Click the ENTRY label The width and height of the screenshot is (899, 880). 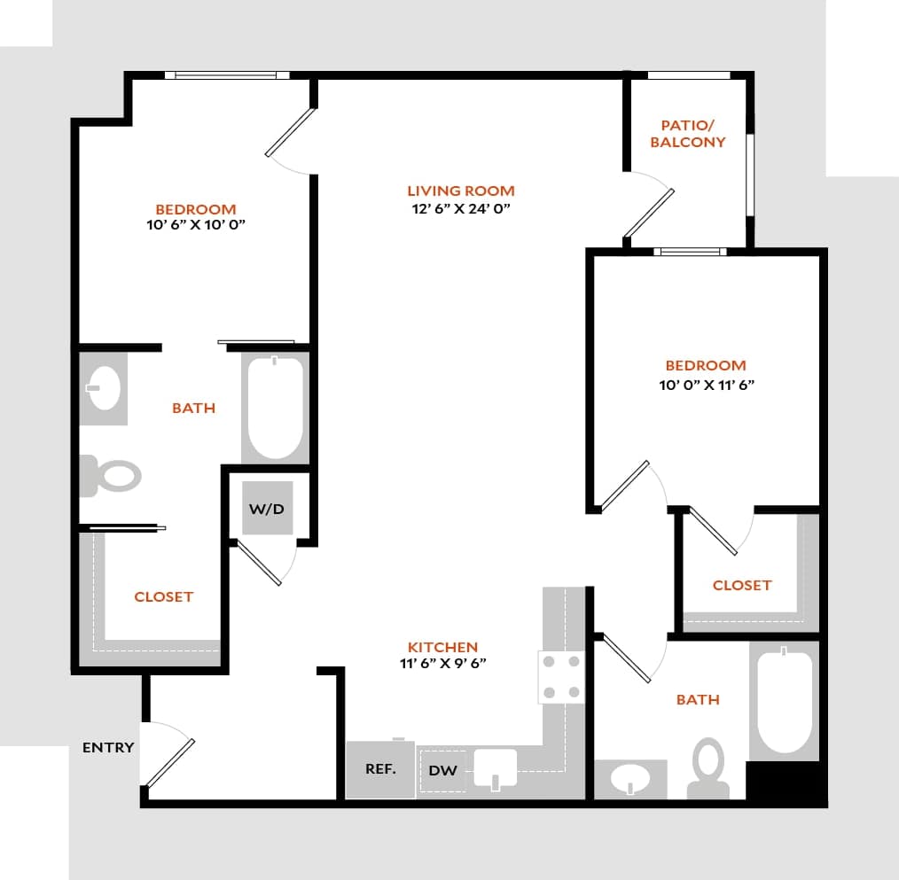(108, 747)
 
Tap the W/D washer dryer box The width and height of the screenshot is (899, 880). (267, 509)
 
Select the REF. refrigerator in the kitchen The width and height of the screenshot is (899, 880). (380, 769)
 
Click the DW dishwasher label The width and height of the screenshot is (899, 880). (442, 770)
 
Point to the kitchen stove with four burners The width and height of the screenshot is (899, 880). (560, 677)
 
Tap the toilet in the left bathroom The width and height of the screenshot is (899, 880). (113, 476)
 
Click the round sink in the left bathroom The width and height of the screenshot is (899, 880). (106, 389)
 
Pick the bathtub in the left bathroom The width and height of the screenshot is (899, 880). (275, 408)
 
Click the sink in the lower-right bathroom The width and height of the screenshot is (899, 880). (630, 780)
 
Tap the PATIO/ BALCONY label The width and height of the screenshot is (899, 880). (688, 134)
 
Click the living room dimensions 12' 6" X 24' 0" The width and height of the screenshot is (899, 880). (460, 209)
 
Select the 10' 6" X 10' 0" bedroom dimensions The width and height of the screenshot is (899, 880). (196, 225)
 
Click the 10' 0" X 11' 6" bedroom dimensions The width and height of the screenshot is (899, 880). (706, 385)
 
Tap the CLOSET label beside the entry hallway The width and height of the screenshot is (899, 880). (163, 596)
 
